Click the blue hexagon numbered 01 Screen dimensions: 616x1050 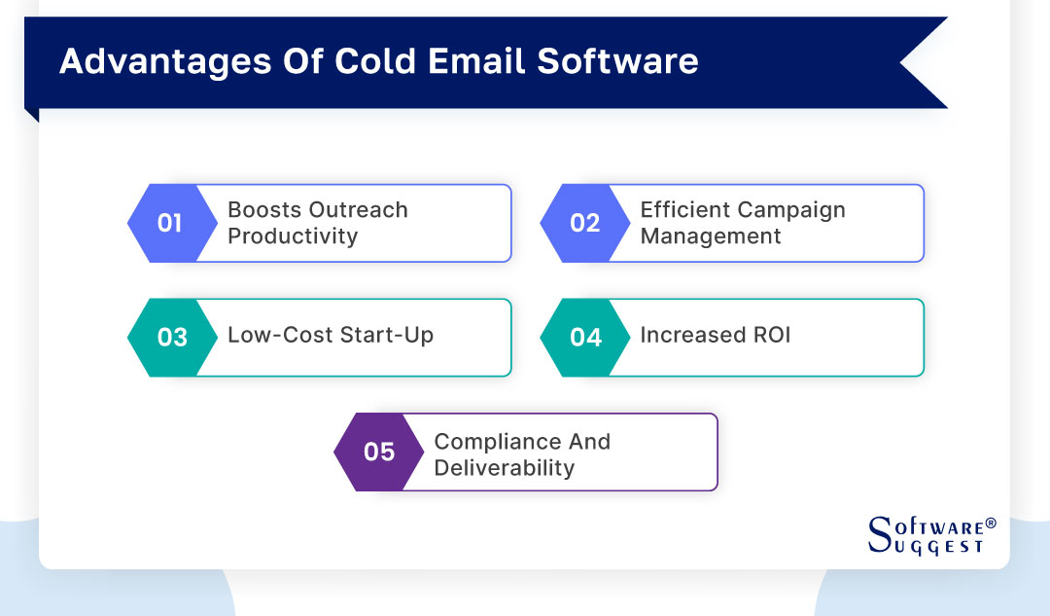click(x=170, y=223)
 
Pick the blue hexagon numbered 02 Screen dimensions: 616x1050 click(x=583, y=223)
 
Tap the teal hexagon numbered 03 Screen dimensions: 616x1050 click(x=170, y=337)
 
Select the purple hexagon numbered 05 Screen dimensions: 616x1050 click(x=377, y=452)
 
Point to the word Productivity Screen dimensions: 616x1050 click(x=293, y=236)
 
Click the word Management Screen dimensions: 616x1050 click(x=710, y=236)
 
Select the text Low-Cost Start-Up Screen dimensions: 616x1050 click(x=331, y=336)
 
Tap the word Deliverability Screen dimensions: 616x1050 click(x=504, y=468)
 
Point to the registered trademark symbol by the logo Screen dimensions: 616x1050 click(x=991, y=524)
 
